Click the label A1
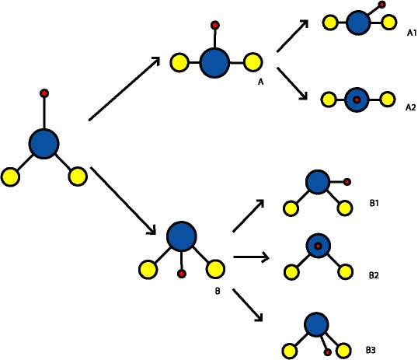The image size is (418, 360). (x=412, y=33)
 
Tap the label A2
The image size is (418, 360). (x=410, y=107)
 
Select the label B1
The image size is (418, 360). (x=374, y=204)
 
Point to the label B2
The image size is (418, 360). (x=374, y=275)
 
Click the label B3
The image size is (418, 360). (x=371, y=350)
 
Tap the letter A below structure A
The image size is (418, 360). (x=260, y=82)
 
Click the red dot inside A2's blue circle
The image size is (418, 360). (x=357, y=100)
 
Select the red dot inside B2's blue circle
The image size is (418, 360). (x=318, y=246)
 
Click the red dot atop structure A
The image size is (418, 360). (x=215, y=26)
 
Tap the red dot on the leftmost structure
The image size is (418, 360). (x=44, y=93)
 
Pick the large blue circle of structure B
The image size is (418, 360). (x=182, y=236)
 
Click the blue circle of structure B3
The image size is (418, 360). (x=316, y=324)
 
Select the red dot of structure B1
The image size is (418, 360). (x=347, y=182)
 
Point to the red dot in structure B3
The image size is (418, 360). (x=328, y=352)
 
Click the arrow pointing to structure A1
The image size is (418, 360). (x=293, y=36)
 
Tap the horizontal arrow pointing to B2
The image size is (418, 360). (x=251, y=257)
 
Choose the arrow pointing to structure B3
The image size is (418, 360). (x=248, y=305)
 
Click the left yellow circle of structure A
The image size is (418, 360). (x=179, y=63)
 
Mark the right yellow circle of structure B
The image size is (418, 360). (x=215, y=270)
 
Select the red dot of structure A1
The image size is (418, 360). (x=382, y=5)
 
